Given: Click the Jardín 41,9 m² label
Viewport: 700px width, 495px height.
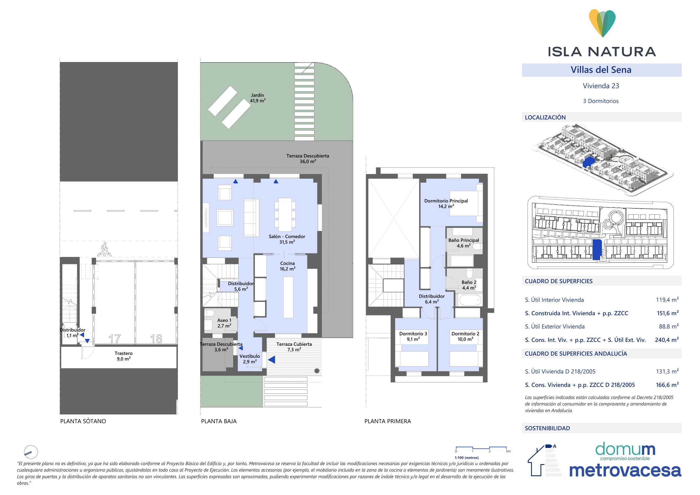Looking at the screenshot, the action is click(x=258, y=98).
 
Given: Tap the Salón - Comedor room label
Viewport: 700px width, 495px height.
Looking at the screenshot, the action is click(x=287, y=236).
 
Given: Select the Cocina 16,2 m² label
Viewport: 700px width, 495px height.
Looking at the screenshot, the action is click(x=287, y=266).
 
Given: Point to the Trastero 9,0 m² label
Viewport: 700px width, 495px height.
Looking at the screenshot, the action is click(x=123, y=356).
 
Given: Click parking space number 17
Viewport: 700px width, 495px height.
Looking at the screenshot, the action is click(x=115, y=339).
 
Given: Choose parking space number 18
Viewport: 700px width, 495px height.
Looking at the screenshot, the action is click(x=156, y=339).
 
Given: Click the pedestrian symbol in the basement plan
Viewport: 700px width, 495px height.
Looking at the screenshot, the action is click(x=104, y=249).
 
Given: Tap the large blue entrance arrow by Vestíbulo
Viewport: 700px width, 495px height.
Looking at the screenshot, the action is click(x=271, y=360).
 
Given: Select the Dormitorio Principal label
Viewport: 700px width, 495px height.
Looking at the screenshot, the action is click(x=446, y=201).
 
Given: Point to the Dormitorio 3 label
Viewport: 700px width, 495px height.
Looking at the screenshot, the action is click(x=413, y=334).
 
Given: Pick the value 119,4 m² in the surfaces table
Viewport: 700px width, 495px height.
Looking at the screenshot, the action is click(x=667, y=300).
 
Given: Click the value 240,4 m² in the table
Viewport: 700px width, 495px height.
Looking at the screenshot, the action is click(x=667, y=340).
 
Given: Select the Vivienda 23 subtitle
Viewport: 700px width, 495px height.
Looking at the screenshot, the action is click(x=601, y=86).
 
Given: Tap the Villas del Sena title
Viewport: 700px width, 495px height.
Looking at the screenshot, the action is click(x=601, y=70).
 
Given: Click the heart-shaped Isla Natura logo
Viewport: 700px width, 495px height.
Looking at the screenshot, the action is click(x=602, y=23).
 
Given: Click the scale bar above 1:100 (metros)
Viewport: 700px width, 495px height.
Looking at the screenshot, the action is click(x=481, y=448).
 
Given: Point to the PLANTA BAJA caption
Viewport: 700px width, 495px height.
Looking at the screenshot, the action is click(x=219, y=421).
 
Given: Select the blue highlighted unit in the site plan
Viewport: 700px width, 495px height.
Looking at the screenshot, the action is click(x=597, y=250).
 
